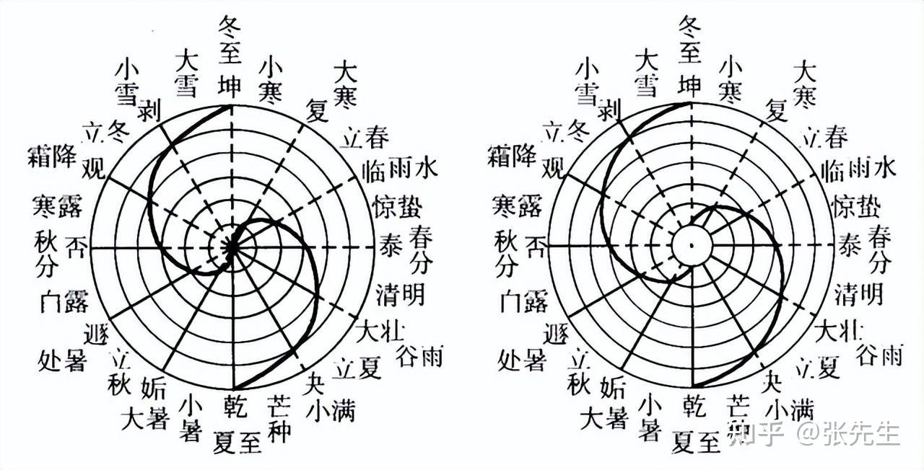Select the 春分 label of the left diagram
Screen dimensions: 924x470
coord(420,249)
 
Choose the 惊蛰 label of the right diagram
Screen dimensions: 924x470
coord(857,207)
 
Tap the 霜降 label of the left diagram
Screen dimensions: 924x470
coord(51,155)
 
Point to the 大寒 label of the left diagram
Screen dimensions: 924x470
coord(345,83)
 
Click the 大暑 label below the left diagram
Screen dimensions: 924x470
coord(144,420)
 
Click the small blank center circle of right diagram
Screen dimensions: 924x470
coord(692,246)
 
